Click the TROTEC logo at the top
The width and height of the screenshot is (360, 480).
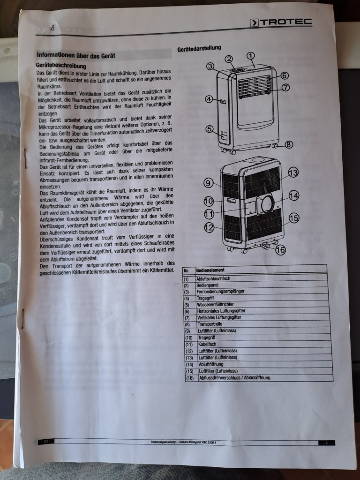[281, 22]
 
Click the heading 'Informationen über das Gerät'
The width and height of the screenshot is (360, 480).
[76, 55]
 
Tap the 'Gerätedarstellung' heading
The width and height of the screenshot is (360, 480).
[199, 48]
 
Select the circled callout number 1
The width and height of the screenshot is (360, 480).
[250, 56]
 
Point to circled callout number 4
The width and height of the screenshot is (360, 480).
[209, 99]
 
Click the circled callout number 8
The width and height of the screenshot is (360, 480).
[289, 144]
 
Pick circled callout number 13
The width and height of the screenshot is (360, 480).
[293, 173]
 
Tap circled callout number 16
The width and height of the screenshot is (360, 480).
[280, 250]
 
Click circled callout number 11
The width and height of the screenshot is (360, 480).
[209, 214]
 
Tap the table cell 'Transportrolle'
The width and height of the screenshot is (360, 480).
[210, 324]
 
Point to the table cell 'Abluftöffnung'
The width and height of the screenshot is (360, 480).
[211, 364]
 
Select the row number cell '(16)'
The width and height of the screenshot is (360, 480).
[190, 378]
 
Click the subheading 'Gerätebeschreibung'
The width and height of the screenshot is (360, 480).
[61, 66]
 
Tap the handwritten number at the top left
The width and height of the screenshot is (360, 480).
[52, 28]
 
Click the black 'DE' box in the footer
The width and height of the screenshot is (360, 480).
[46, 442]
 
